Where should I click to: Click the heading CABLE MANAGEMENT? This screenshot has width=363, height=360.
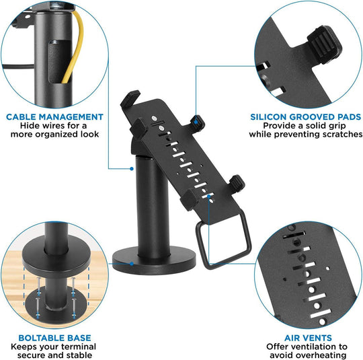coord(55,116)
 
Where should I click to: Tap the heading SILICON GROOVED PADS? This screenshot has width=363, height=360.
coord(305,116)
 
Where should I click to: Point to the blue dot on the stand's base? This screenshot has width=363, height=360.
coord(133,262)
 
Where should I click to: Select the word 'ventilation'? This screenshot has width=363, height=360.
coord(309,346)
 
